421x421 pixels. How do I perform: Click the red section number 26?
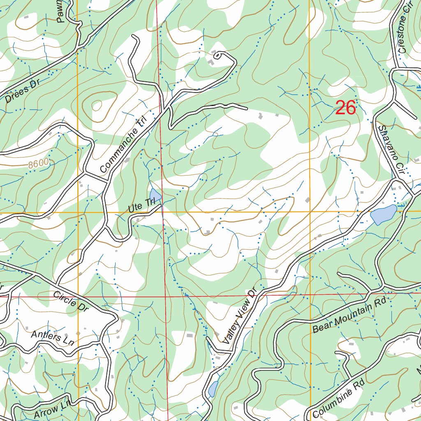coord(345,108)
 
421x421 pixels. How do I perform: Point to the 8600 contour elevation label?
coord(39,164)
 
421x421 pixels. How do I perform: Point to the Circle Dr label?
coord(71,301)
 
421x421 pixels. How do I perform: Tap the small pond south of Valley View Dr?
coord(213,389)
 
